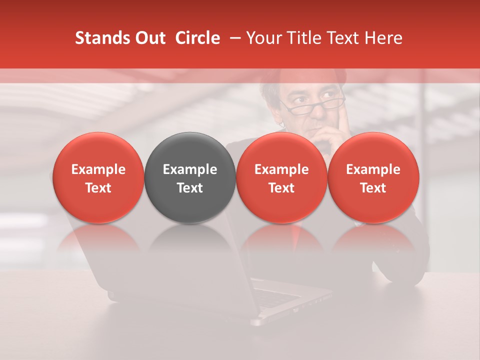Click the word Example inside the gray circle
pyautogui.click(x=190, y=169)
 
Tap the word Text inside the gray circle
pyautogui.click(x=190, y=188)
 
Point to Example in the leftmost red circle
pyautogui.click(x=98, y=169)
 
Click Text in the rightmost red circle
pyautogui.click(x=373, y=188)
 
